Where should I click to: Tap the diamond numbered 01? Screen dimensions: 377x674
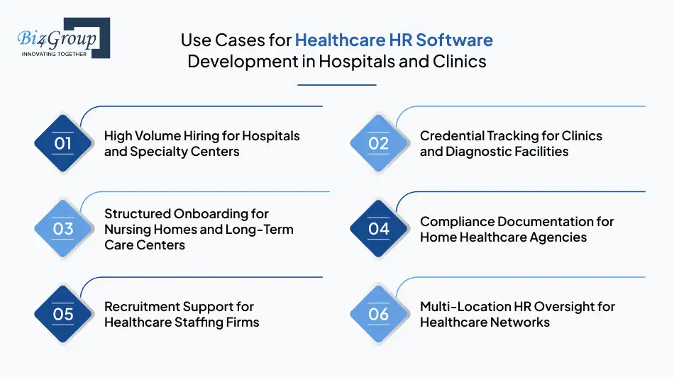(63, 143)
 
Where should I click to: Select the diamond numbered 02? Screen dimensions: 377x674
(379, 143)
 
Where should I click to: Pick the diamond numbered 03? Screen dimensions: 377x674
(63, 229)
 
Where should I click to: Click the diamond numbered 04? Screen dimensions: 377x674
(379, 229)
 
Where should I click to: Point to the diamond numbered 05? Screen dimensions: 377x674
(63, 314)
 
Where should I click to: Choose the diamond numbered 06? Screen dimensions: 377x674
(379, 314)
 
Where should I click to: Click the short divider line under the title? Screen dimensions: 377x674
(336, 85)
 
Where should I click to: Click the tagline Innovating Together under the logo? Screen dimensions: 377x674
(55, 54)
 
